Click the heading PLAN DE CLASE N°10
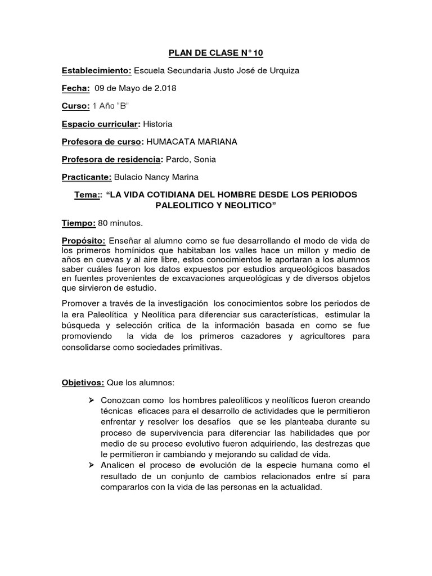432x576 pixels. [216, 53]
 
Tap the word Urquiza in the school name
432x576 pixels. [283, 71]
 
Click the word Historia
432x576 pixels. [158, 124]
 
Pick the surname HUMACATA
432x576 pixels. [170, 142]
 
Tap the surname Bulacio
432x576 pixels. [130, 177]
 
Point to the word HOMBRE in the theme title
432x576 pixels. [220, 195]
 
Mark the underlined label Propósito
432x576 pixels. [83, 241]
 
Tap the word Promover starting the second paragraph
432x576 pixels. [81, 304]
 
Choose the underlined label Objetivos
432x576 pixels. [83, 383]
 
